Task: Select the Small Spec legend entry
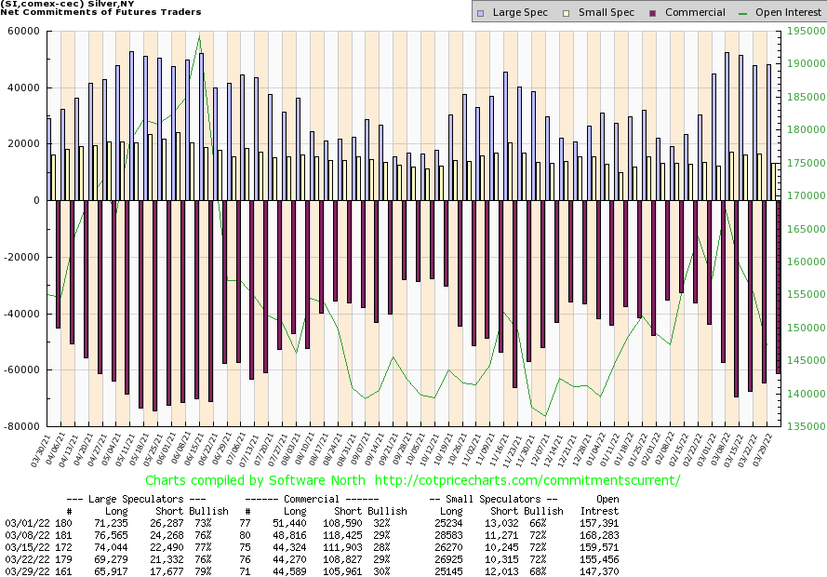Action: point(602,12)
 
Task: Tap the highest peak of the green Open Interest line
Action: point(199,34)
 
